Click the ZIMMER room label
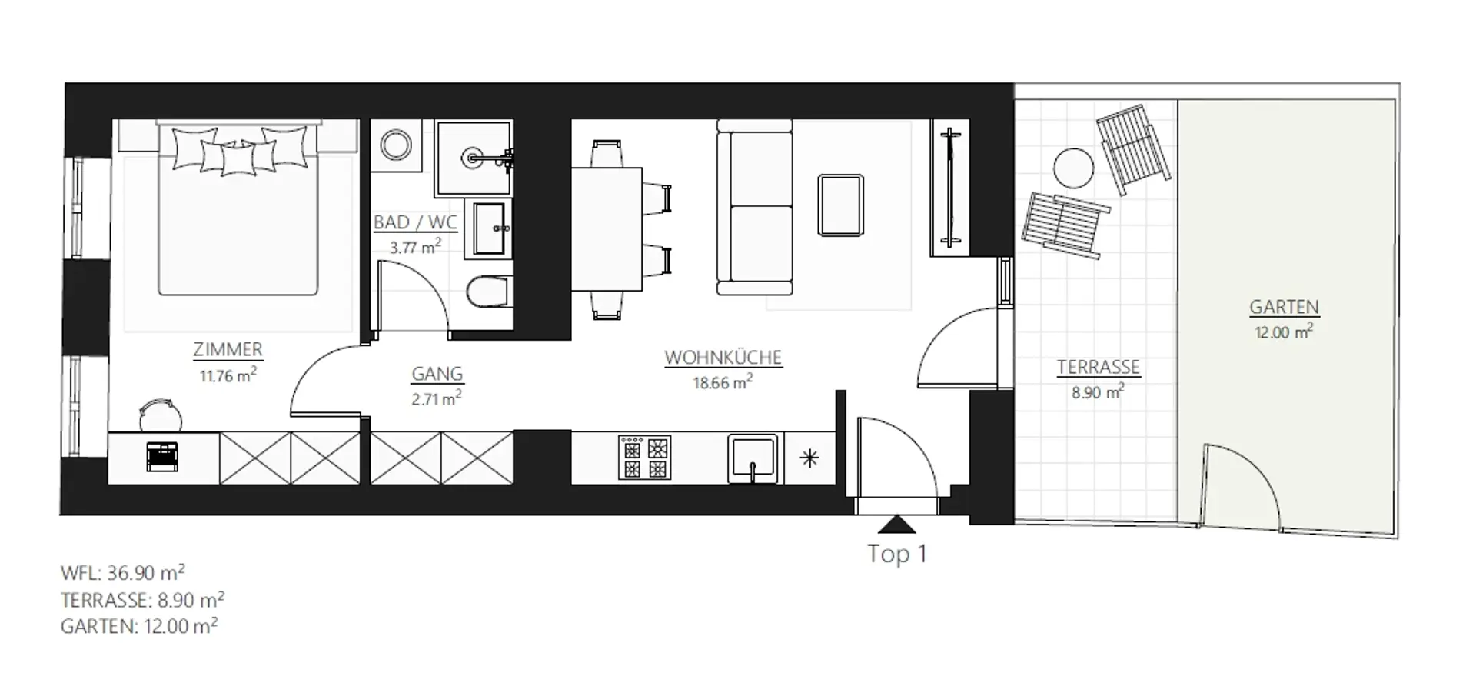click(228, 349)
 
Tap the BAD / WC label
click(415, 222)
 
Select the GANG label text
click(437, 374)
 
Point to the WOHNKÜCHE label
click(723, 358)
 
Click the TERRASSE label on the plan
click(1098, 368)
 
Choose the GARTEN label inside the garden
click(1284, 307)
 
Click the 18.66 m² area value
click(723, 382)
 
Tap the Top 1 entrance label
click(897, 554)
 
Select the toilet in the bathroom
click(488, 292)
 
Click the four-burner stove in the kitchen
click(644, 458)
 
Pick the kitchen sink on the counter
click(753, 459)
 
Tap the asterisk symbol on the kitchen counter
click(809, 459)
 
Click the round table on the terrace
click(1073, 168)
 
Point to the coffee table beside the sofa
click(841, 205)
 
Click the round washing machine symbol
click(396, 145)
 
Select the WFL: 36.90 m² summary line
click(123, 573)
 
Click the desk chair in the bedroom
click(161, 415)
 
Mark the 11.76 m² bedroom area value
click(228, 375)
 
